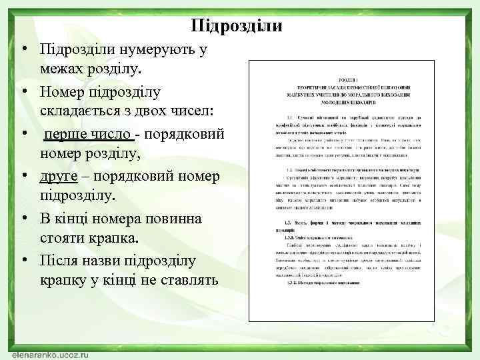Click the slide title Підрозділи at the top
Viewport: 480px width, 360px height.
tap(237, 26)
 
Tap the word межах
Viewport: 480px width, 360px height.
tap(63, 69)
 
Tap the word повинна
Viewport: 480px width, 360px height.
tap(156, 219)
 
